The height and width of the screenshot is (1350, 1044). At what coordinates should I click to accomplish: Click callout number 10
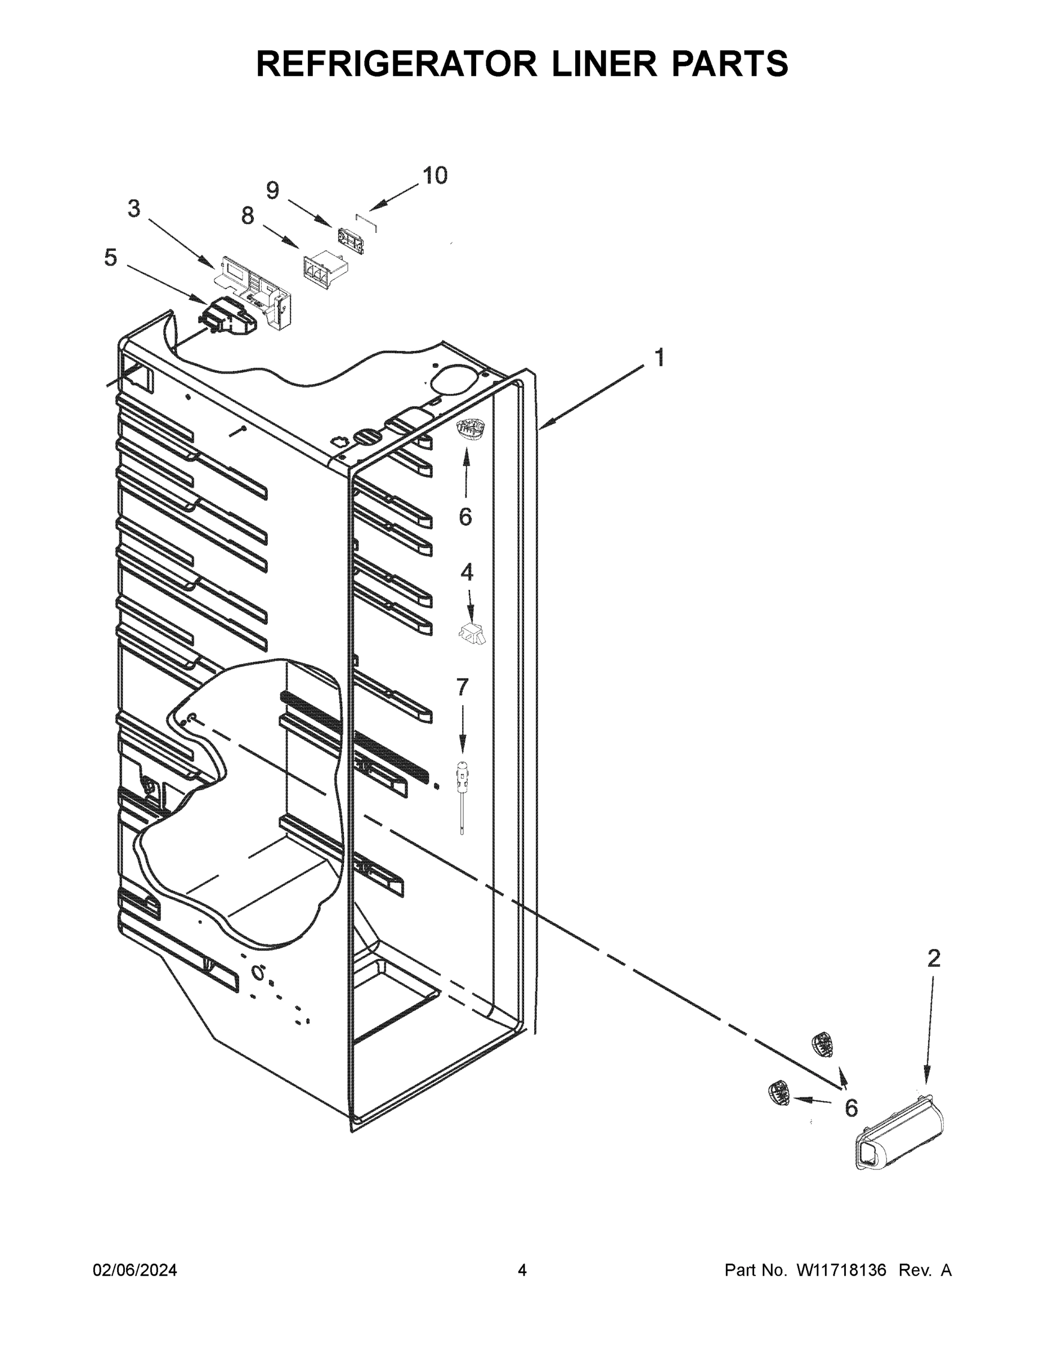point(435,175)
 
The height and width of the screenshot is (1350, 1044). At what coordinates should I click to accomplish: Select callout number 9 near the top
point(273,190)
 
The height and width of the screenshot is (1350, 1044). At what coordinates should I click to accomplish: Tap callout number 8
point(248,216)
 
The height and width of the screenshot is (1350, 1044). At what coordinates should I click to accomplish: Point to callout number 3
point(133,209)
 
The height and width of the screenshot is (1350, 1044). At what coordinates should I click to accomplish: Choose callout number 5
point(110,258)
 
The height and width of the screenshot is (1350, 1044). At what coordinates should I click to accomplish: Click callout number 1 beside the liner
point(659,358)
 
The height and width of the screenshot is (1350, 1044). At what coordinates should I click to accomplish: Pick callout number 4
point(467,573)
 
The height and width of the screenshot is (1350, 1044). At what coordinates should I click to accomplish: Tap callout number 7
point(462,687)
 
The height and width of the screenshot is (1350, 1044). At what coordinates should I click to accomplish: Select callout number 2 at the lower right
point(933,958)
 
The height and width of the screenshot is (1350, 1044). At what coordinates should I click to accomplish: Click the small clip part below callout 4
point(472,633)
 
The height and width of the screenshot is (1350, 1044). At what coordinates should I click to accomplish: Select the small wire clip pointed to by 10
point(366,220)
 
